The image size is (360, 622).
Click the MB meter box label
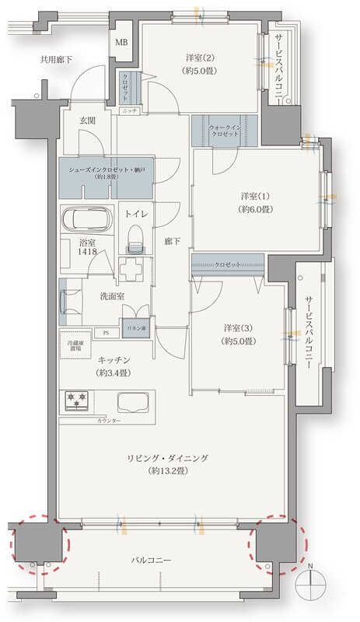pyautogui.click(x=122, y=42)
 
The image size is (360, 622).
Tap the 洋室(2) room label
pyautogui.click(x=200, y=58)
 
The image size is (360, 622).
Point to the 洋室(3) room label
pyautogui.click(x=238, y=327)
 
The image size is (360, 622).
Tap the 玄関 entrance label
pyautogui.click(x=86, y=121)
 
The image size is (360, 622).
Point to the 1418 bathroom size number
pyautogui.click(x=87, y=253)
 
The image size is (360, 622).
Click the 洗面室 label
pyautogui.click(x=107, y=295)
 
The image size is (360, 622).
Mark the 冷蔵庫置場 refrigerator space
pyautogui.click(x=76, y=346)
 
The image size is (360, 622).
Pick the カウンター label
pyautogui.click(x=109, y=420)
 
